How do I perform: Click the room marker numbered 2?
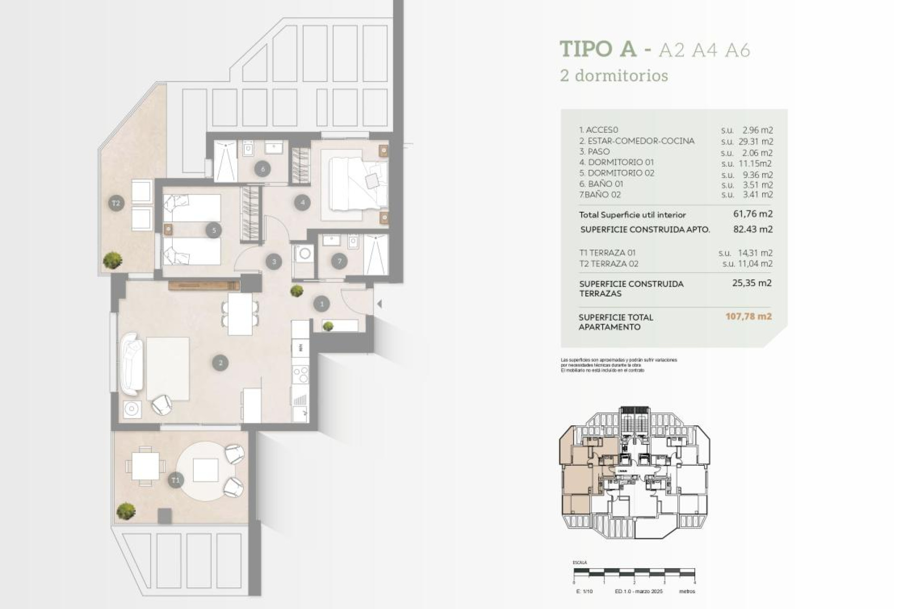(220, 363)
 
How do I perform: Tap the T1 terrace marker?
(175, 480)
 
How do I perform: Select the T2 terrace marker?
(116, 203)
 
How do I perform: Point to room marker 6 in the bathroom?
(262, 168)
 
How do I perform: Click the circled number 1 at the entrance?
(322, 304)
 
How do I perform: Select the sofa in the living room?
(131, 364)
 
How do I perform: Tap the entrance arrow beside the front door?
(379, 304)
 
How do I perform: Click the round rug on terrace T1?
(206, 471)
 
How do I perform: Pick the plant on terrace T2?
(112, 260)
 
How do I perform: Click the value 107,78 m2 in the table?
(748, 316)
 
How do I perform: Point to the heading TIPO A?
(598, 49)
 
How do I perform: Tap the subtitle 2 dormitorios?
(614, 75)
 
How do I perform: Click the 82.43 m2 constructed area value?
(753, 229)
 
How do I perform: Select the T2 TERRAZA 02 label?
(608, 264)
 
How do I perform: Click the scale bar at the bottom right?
(634, 573)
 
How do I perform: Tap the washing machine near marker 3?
(304, 254)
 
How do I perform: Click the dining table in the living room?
(240, 314)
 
